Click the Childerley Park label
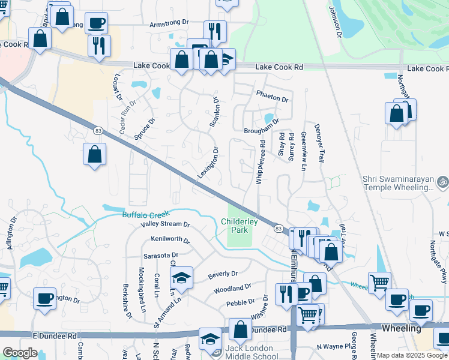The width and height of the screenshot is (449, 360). (240, 226)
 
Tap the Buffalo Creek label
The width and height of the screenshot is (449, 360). (146, 214)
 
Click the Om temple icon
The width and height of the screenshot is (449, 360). (442, 180)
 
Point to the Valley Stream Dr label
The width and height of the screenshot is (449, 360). (165, 224)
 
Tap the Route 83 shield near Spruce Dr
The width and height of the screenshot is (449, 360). (97, 130)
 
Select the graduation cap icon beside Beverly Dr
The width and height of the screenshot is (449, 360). (181, 278)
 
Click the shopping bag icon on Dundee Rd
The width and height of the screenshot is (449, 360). (240, 329)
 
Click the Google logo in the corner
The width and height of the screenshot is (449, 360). (20, 353)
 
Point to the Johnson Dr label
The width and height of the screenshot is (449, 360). (334, 22)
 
